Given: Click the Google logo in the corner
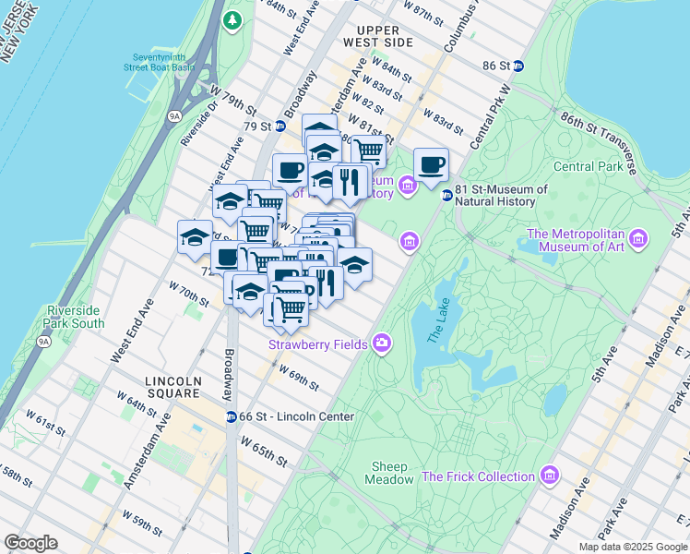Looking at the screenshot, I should pyautogui.click(x=31, y=543).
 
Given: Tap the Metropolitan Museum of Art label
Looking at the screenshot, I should pyautogui.click(x=574, y=241).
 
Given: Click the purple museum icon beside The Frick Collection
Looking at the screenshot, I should pyautogui.click(x=550, y=476).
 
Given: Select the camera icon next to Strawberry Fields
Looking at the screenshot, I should pyautogui.click(x=381, y=344).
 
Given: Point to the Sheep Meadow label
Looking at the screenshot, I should pyautogui.click(x=392, y=473).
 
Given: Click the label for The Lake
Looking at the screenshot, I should pyautogui.click(x=434, y=324).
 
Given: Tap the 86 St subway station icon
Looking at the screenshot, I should pyautogui.click(x=518, y=66).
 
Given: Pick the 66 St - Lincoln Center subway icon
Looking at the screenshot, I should pyautogui.click(x=231, y=416).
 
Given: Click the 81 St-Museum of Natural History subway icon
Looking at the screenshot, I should pyautogui.click(x=446, y=195).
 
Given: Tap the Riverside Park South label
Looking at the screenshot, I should pyautogui.click(x=73, y=317).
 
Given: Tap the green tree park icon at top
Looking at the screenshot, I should pyautogui.click(x=234, y=18).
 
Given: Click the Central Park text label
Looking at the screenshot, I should pyautogui.click(x=589, y=167).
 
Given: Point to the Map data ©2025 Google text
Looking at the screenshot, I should pyautogui.click(x=632, y=547).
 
